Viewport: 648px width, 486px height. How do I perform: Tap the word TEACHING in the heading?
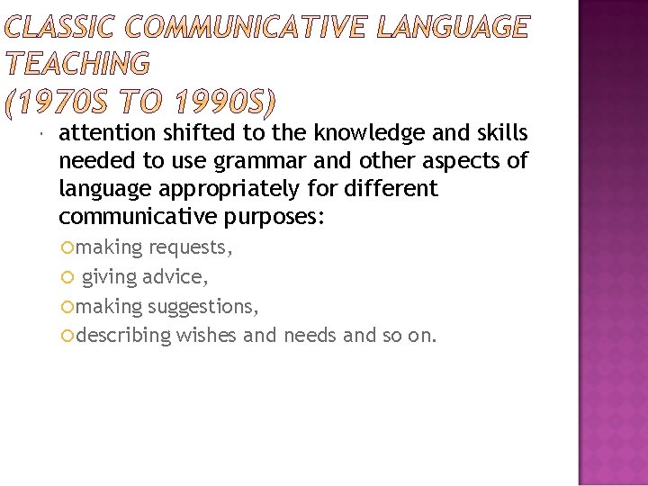pyautogui.click(x=77, y=64)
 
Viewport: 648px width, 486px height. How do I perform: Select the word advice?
pyautogui.click(x=177, y=277)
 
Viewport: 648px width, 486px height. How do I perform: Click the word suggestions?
pyautogui.click(x=203, y=307)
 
